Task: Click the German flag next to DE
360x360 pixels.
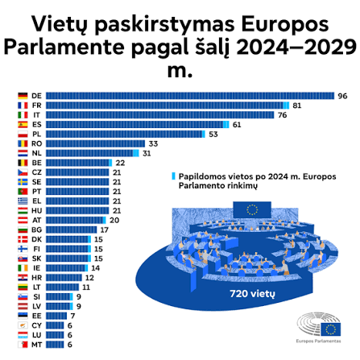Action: coord(23,96)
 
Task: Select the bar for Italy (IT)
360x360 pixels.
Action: coord(160,115)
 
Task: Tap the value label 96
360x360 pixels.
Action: coord(342,96)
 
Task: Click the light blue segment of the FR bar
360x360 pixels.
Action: coord(286,106)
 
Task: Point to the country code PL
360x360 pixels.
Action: coord(37,134)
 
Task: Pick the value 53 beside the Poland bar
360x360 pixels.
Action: coord(213,134)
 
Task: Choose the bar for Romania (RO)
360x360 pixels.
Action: coord(95,143)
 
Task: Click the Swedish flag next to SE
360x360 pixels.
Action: coord(23,182)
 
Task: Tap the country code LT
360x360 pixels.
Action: coord(37,288)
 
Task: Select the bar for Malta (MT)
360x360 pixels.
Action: coord(55,345)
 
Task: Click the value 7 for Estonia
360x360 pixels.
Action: coord(72,316)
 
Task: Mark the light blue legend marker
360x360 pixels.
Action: coord(173,176)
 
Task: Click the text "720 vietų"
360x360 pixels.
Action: coord(252,294)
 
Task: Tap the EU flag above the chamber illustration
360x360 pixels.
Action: coord(252,209)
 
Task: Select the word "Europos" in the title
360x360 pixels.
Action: coord(285,24)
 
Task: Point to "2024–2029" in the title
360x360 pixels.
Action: coord(296,48)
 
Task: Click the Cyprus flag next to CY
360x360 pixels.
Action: coord(23,325)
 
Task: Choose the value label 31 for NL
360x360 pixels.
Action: coord(147,153)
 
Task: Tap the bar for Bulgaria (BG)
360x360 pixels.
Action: coord(72,230)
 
